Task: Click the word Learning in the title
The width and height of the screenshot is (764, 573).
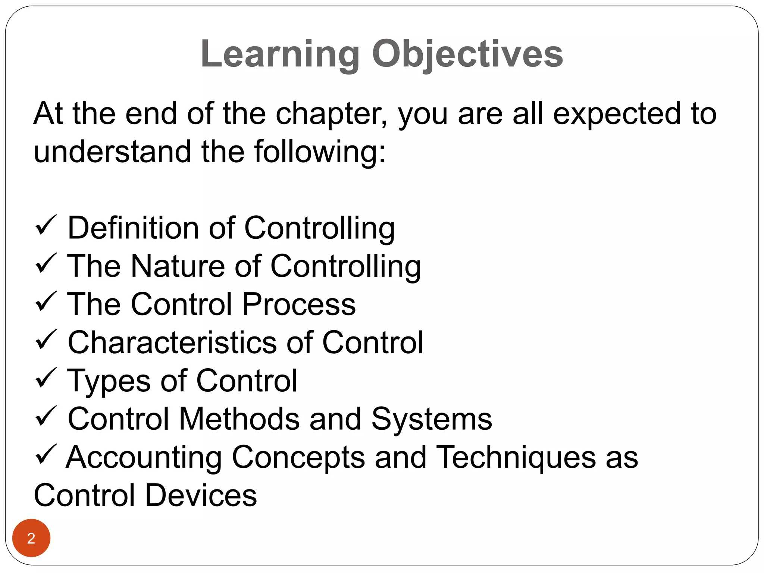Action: (x=280, y=54)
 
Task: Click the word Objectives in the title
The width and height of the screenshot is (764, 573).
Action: (x=467, y=54)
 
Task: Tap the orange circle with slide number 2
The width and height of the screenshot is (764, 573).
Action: (x=31, y=538)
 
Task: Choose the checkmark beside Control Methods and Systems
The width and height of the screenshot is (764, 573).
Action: (x=46, y=416)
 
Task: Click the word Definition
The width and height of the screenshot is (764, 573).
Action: (x=133, y=228)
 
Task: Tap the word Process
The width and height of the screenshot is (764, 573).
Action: (x=299, y=304)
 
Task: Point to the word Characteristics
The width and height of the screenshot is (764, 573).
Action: (x=172, y=342)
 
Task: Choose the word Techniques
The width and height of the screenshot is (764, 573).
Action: (x=516, y=458)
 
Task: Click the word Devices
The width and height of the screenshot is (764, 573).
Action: (x=201, y=495)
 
